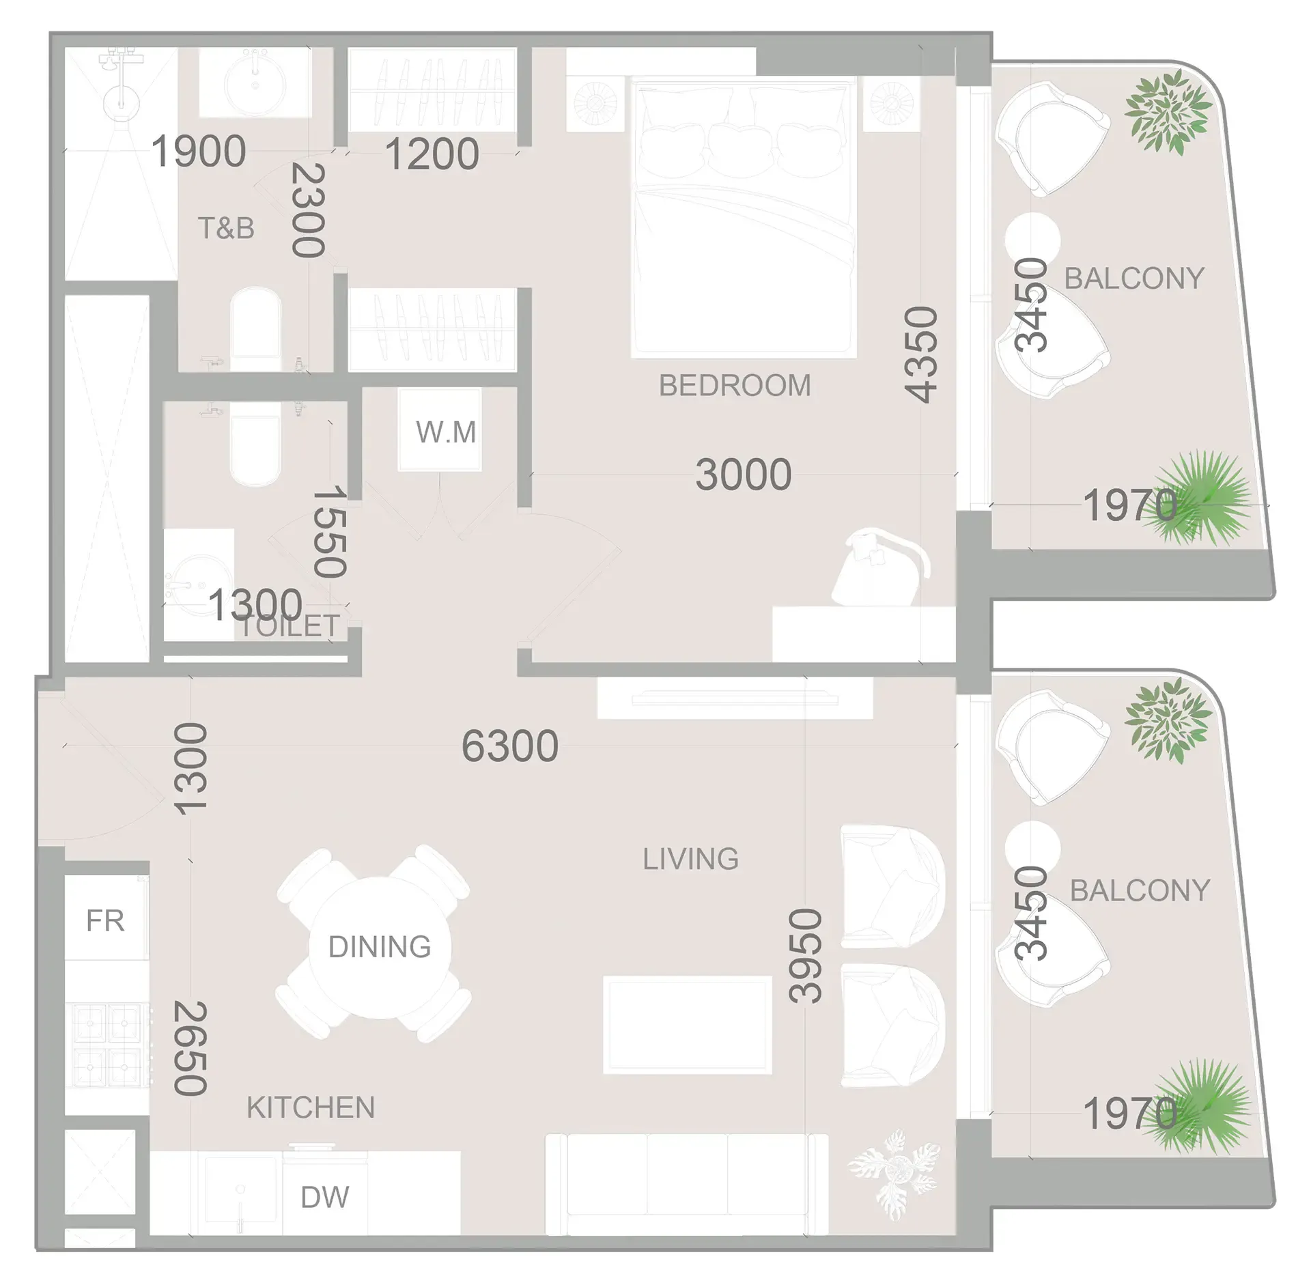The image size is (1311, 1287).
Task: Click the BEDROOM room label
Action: pyautogui.click(x=735, y=386)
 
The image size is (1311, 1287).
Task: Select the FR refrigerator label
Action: pyautogui.click(x=106, y=921)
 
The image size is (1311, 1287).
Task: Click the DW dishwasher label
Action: pyautogui.click(x=325, y=1197)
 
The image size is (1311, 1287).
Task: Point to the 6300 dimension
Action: pyautogui.click(x=510, y=746)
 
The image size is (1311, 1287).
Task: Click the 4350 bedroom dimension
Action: pyautogui.click(x=921, y=354)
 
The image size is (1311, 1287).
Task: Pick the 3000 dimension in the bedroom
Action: pyautogui.click(x=744, y=475)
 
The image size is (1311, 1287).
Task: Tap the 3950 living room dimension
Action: pyautogui.click(x=806, y=955)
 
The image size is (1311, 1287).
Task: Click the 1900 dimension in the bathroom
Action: pyautogui.click(x=198, y=151)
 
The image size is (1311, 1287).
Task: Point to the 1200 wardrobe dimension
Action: pyautogui.click(x=432, y=154)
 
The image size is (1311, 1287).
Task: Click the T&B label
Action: pyautogui.click(x=226, y=228)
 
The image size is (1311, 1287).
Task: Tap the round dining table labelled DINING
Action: pyautogui.click(x=379, y=947)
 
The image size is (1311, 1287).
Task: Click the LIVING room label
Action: pyautogui.click(x=690, y=859)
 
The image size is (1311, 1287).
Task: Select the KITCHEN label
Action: pyautogui.click(x=311, y=1107)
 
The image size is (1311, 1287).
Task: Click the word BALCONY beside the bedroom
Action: pyautogui.click(x=1134, y=279)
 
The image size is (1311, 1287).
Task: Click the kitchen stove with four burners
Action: pyautogui.click(x=108, y=1045)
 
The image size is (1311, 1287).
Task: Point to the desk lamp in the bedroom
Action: pyautogui.click(x=881, y=567)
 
